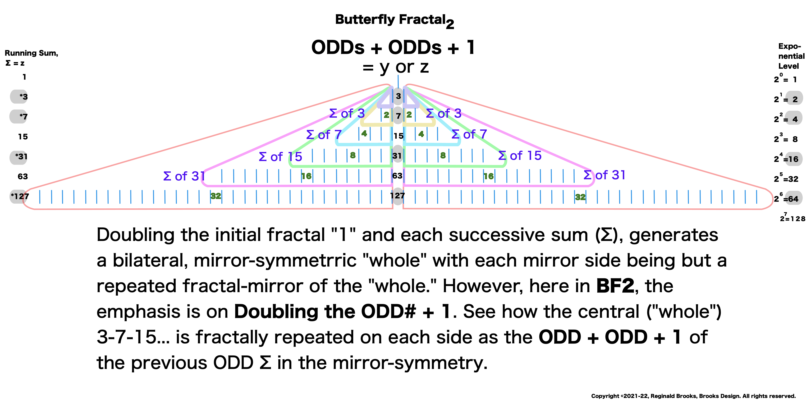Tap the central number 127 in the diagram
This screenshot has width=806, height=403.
397,196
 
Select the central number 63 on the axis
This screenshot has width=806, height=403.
397,176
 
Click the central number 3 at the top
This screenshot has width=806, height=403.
398,96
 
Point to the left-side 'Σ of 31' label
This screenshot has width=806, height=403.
184,176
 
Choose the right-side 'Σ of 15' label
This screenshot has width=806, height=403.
520,156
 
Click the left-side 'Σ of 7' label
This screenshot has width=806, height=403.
324,135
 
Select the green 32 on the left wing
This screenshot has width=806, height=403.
215,196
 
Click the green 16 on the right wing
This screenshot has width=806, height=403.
488,176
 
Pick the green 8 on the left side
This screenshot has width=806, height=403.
353,155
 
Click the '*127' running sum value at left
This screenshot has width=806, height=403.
20,197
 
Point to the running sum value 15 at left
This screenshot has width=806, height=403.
23,137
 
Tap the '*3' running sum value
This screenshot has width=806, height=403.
23,97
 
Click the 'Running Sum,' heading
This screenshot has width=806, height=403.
31,53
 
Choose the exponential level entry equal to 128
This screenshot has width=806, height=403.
792,218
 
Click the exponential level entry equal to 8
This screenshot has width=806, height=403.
786,139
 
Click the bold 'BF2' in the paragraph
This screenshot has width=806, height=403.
615,286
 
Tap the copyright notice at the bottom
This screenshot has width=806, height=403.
693,396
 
